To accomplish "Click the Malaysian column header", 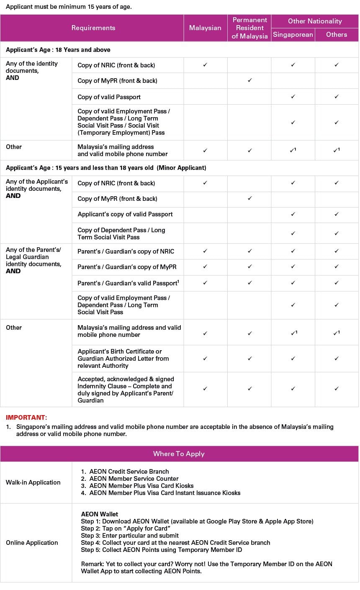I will (205, 28).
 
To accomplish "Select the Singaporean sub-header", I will (293, 35).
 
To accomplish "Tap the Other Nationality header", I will (315, 21).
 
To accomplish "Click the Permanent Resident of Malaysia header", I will (249, 28).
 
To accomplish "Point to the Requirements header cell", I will (93, 28).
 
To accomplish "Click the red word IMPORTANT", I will (26, 417).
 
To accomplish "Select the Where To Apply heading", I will (179, 454).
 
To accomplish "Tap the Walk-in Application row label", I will (33, 482).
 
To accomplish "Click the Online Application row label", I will (32, 543).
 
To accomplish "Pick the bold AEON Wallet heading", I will (100, 514).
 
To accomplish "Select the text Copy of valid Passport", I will (109, 97).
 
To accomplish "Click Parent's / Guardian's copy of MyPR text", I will (127, 267).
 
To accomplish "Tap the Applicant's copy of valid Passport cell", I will (125, 214).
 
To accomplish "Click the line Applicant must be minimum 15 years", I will (69, 7).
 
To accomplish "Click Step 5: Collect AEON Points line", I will (161, 550).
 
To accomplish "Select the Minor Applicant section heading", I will (106, 168).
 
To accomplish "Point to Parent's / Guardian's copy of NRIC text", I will (126, 251).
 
